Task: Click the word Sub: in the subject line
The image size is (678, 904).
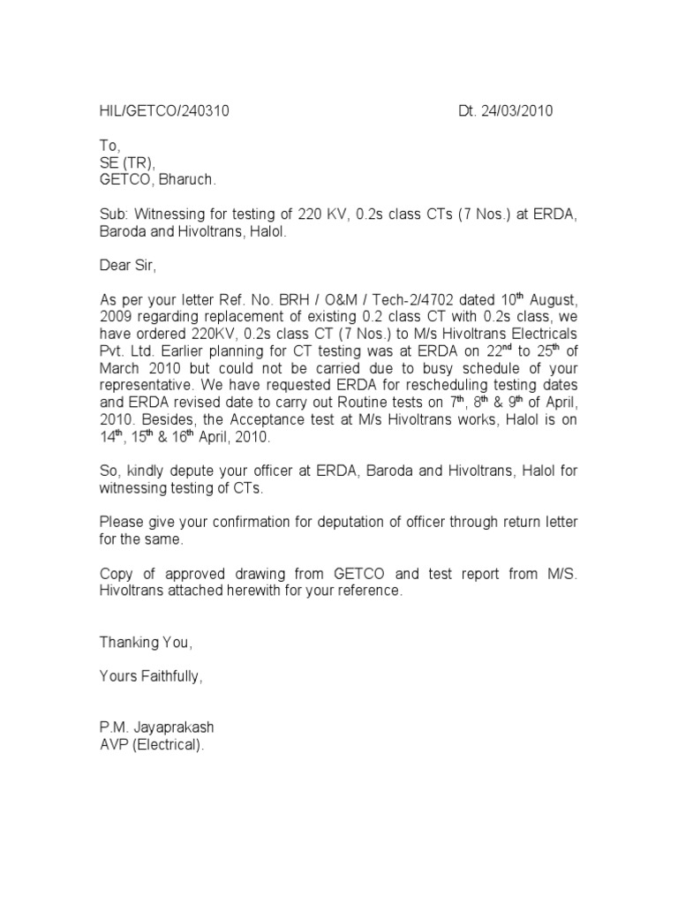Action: [x=113, y=215]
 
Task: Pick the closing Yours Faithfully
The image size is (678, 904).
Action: [x=151, y=677]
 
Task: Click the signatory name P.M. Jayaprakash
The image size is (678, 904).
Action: [x=156, y=728]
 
